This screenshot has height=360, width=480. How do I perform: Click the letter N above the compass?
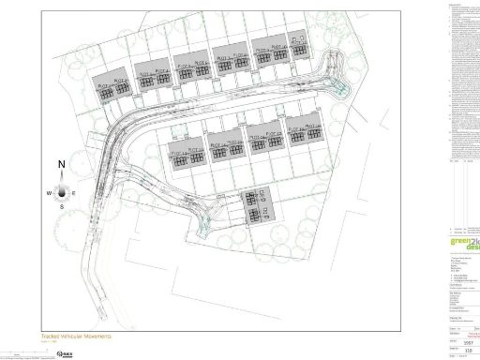(62, 165)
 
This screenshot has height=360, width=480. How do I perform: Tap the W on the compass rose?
(49, 192)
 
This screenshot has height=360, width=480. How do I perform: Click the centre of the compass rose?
(62, 191)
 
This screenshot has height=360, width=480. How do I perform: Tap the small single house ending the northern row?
(299, 48)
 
